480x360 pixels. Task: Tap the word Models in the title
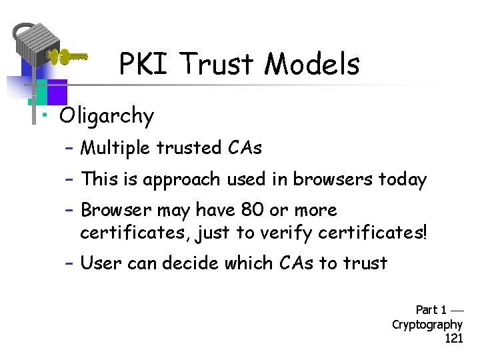(311, 65)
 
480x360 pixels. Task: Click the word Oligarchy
(107, 117)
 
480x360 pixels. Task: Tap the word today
(402, 179)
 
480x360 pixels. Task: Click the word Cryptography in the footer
(427, 325)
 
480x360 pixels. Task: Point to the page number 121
(453, 339)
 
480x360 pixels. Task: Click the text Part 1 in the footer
(431, 310)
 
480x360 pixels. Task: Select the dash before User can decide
(69, 263)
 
